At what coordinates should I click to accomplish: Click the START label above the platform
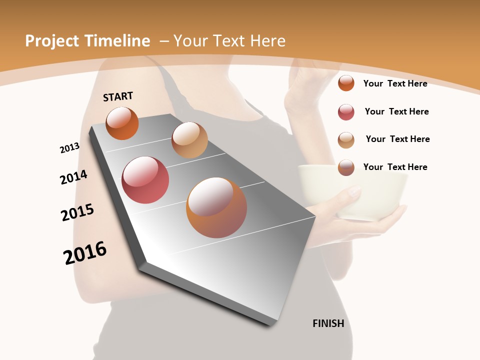pyautogui.click(x=118, y=96)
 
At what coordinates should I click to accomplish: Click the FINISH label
pyautogui.click(x=328, y=323)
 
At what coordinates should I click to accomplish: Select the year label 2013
pyautogui.click(x=70, y=148)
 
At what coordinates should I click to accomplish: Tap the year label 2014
pyautogui.click(x=73, y=177)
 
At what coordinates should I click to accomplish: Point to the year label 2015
pyautogui.click(x=77, y=212)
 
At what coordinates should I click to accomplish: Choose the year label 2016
pyautogui.click(x=85, y=253)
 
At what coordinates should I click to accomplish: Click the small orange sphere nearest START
pyautogui.click(x=122, y=123)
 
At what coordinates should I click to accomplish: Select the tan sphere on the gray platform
pyautogui.click(x=189, y=140)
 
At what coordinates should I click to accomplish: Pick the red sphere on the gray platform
pyautogui.click(x=145, y=180)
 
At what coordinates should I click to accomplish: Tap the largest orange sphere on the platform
pyautogui.click(x=216, y=207)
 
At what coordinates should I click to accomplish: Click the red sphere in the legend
pyautogui.click(x=346, y=112)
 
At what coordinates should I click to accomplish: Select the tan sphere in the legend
pyautogui.click(x=346, y=140)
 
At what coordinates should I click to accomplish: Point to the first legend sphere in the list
pyautogui.click(x=346, y=83)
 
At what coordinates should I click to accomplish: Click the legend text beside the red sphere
pyautogui.click(x=396, y=111)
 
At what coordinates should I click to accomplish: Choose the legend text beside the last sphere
pyautogui.click(x=395, y=167)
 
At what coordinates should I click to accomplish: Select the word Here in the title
pyautogui.click(x=268, y=41)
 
